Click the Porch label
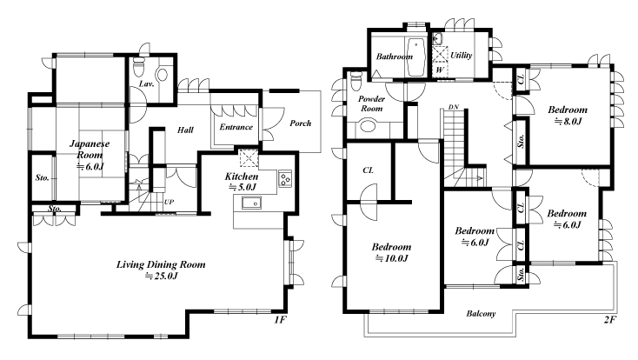tap(300, 123)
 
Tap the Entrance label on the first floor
tap(236, 127)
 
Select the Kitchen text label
tap(242, 177)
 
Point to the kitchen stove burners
tap(285, 178)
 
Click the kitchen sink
tap(251, 202)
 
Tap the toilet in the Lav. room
tap(139, 66)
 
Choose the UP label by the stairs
tap(169, 202)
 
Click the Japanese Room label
tap(90, 149)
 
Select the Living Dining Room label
tap(161, 264)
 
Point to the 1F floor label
tap(280, 320)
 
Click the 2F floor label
tap(609, 320)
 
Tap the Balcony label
tap(481, 314)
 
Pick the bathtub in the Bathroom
tap(415, 57)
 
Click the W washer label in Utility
tap(440, 70)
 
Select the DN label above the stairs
tap(454, 107)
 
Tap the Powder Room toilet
tap(356, 81)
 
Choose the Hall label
tap(185, 130)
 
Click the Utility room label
tap(462, 56)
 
